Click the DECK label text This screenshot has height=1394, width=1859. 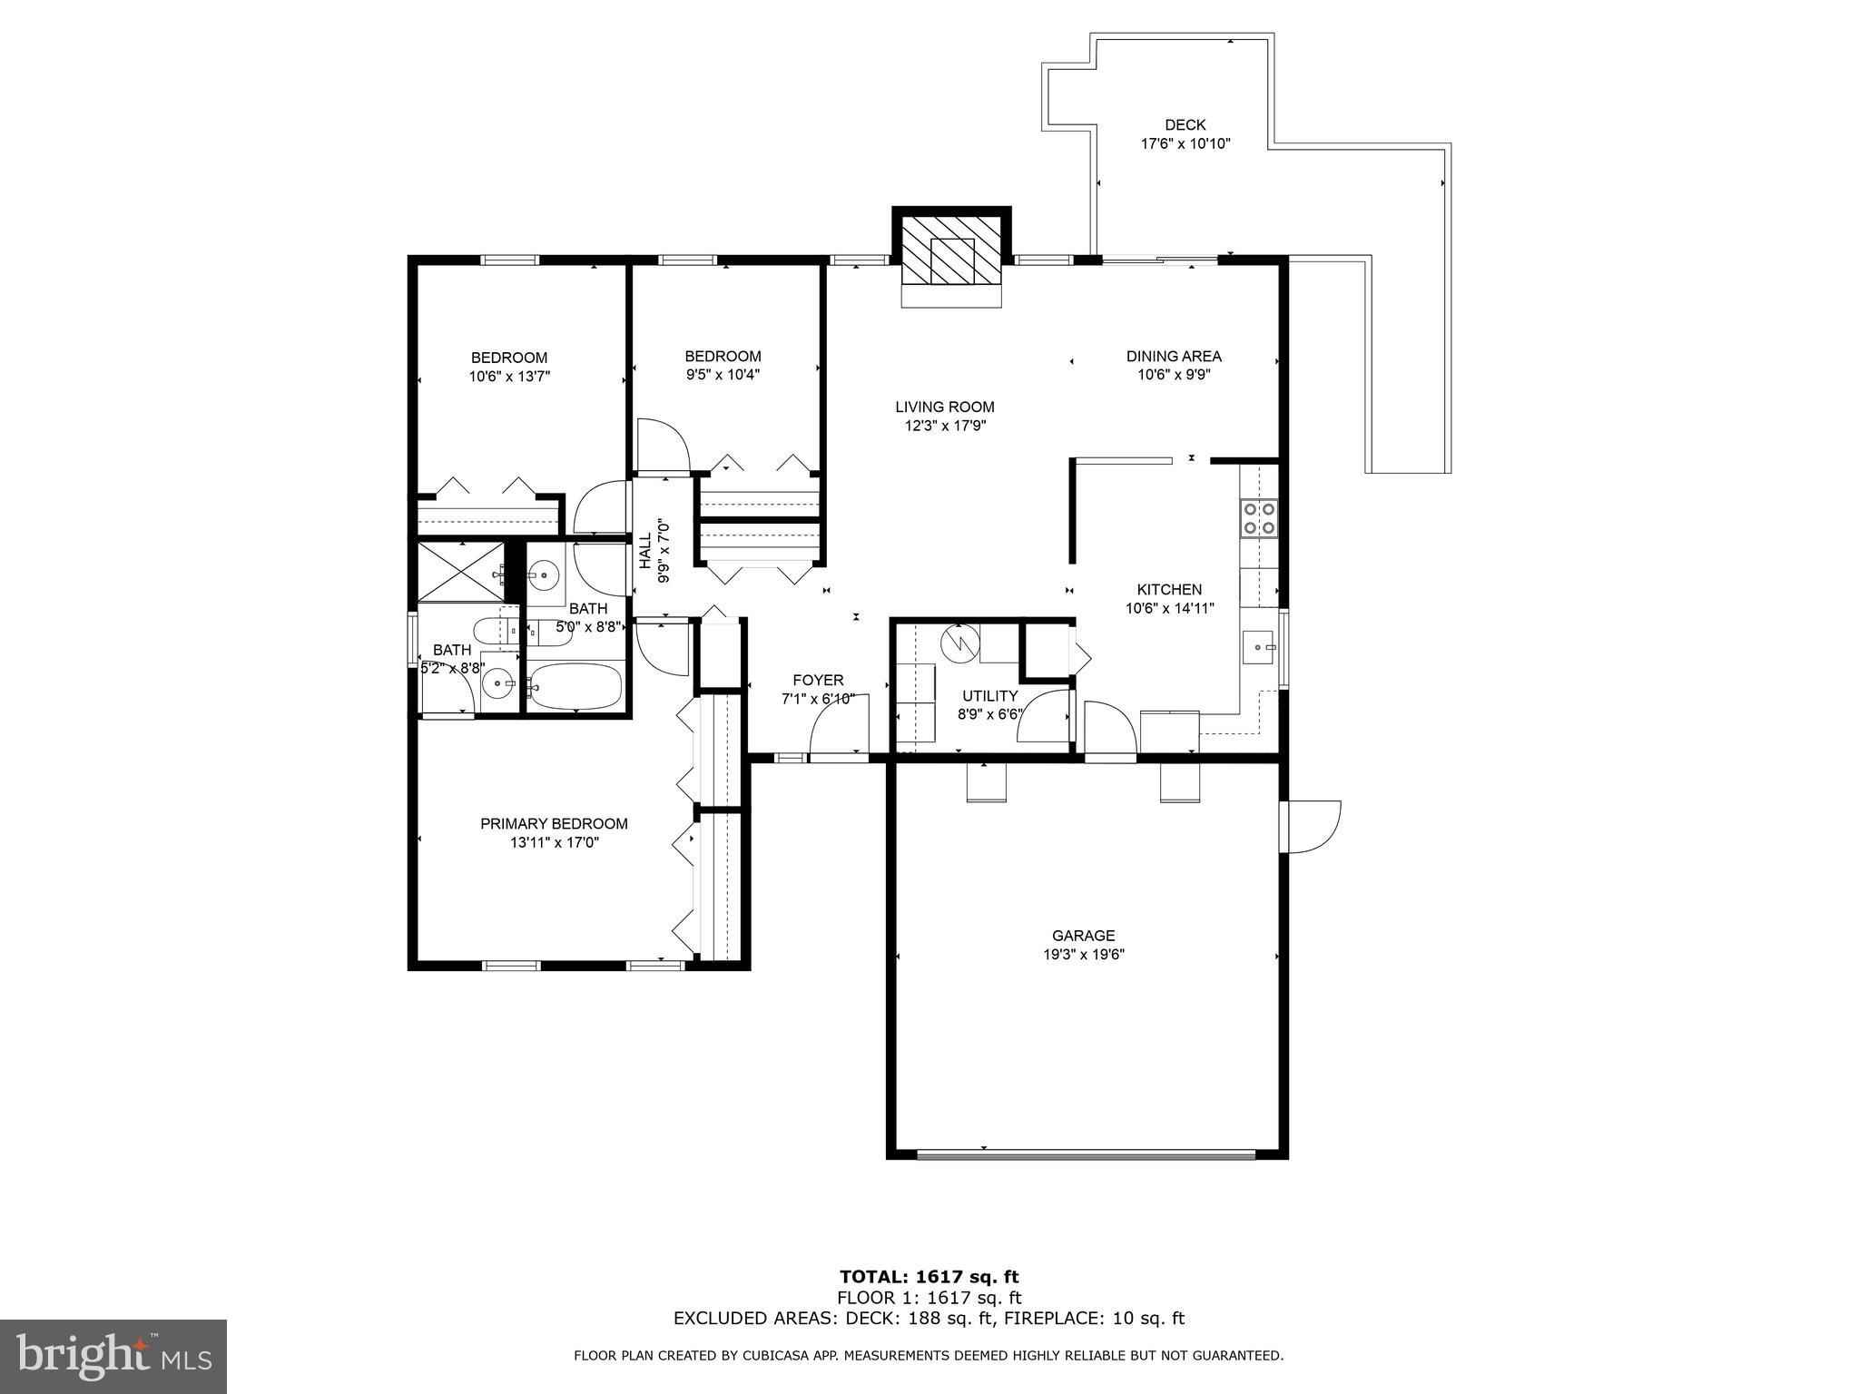pyautogui.click(x=1185, y=125)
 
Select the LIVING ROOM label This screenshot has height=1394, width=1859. pyautogui.click(x=945, y=407)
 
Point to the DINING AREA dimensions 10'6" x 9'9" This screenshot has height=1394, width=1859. pyautogui.click(x=1174, y=374)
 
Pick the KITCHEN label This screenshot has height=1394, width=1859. pyautogui.click(x=1169, y=590)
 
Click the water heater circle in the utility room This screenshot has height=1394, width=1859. pyautogui.click(x=960, y=643)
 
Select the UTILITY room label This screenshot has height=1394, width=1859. pyautogui.click(x=989, y=696)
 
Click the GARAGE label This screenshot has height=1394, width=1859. pyautogui.click(x=1084, y=936)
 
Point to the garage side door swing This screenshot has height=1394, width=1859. pyautogui.click(x=1313, y=826)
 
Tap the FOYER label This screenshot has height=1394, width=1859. pyautogui.click(x=818, y=681)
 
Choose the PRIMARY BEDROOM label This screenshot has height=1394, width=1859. pyautogui.click(x=554, y=824)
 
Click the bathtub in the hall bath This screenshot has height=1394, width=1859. pyautogui.click(x=575, y=686)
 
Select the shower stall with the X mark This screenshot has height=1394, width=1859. pyautogui.click(x=461, y=571)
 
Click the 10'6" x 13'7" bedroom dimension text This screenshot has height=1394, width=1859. pyautogui.click(x=509, y=376)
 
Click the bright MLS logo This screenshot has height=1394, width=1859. pyautogui.click(x=113, y=1357)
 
